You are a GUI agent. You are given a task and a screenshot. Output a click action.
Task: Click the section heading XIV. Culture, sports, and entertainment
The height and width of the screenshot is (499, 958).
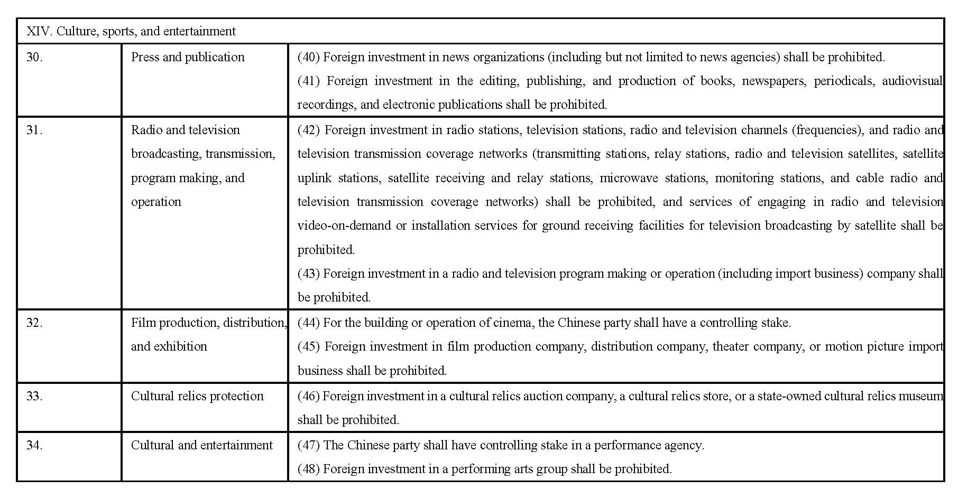pos(131,31)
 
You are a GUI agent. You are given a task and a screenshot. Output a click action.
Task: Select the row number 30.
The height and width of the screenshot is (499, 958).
pos(34,57)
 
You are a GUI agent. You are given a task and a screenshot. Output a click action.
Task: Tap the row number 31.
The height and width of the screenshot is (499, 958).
pos(34,130)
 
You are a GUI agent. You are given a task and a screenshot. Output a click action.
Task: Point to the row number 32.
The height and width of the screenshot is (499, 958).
pos(34,323)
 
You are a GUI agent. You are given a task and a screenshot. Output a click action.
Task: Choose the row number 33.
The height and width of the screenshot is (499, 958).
pos(34,396)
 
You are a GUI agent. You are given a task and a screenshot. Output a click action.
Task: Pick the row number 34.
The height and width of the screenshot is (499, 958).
pos(34,445)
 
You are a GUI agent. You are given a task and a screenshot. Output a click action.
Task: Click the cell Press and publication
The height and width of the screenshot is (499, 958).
pos(188,57)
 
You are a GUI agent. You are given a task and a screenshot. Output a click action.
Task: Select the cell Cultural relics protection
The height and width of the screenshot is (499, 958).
pos(197,396)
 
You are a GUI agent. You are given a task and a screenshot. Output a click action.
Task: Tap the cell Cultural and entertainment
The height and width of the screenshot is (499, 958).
pos(202,445)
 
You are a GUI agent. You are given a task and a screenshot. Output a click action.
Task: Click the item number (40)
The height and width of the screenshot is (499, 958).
pos(309,57)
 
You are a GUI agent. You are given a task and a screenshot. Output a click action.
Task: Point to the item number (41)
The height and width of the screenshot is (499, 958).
pos(309,81)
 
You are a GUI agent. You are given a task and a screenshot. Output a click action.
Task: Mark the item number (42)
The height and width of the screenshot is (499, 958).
pos(309,130)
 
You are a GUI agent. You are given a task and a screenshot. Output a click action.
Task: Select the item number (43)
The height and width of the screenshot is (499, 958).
pos(309,274)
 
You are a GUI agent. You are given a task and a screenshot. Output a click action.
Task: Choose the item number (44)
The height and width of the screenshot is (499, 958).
pos(309,323)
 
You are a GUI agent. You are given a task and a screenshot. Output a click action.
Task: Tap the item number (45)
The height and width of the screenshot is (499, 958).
pos(309,346)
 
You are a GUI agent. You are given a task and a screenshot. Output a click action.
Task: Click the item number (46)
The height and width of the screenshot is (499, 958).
pos(309,396)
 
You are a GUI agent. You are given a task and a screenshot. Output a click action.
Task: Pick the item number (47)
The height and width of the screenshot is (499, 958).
pos(309,445)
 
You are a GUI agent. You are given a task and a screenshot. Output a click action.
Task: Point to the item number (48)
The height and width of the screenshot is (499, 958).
pos(309,469)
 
